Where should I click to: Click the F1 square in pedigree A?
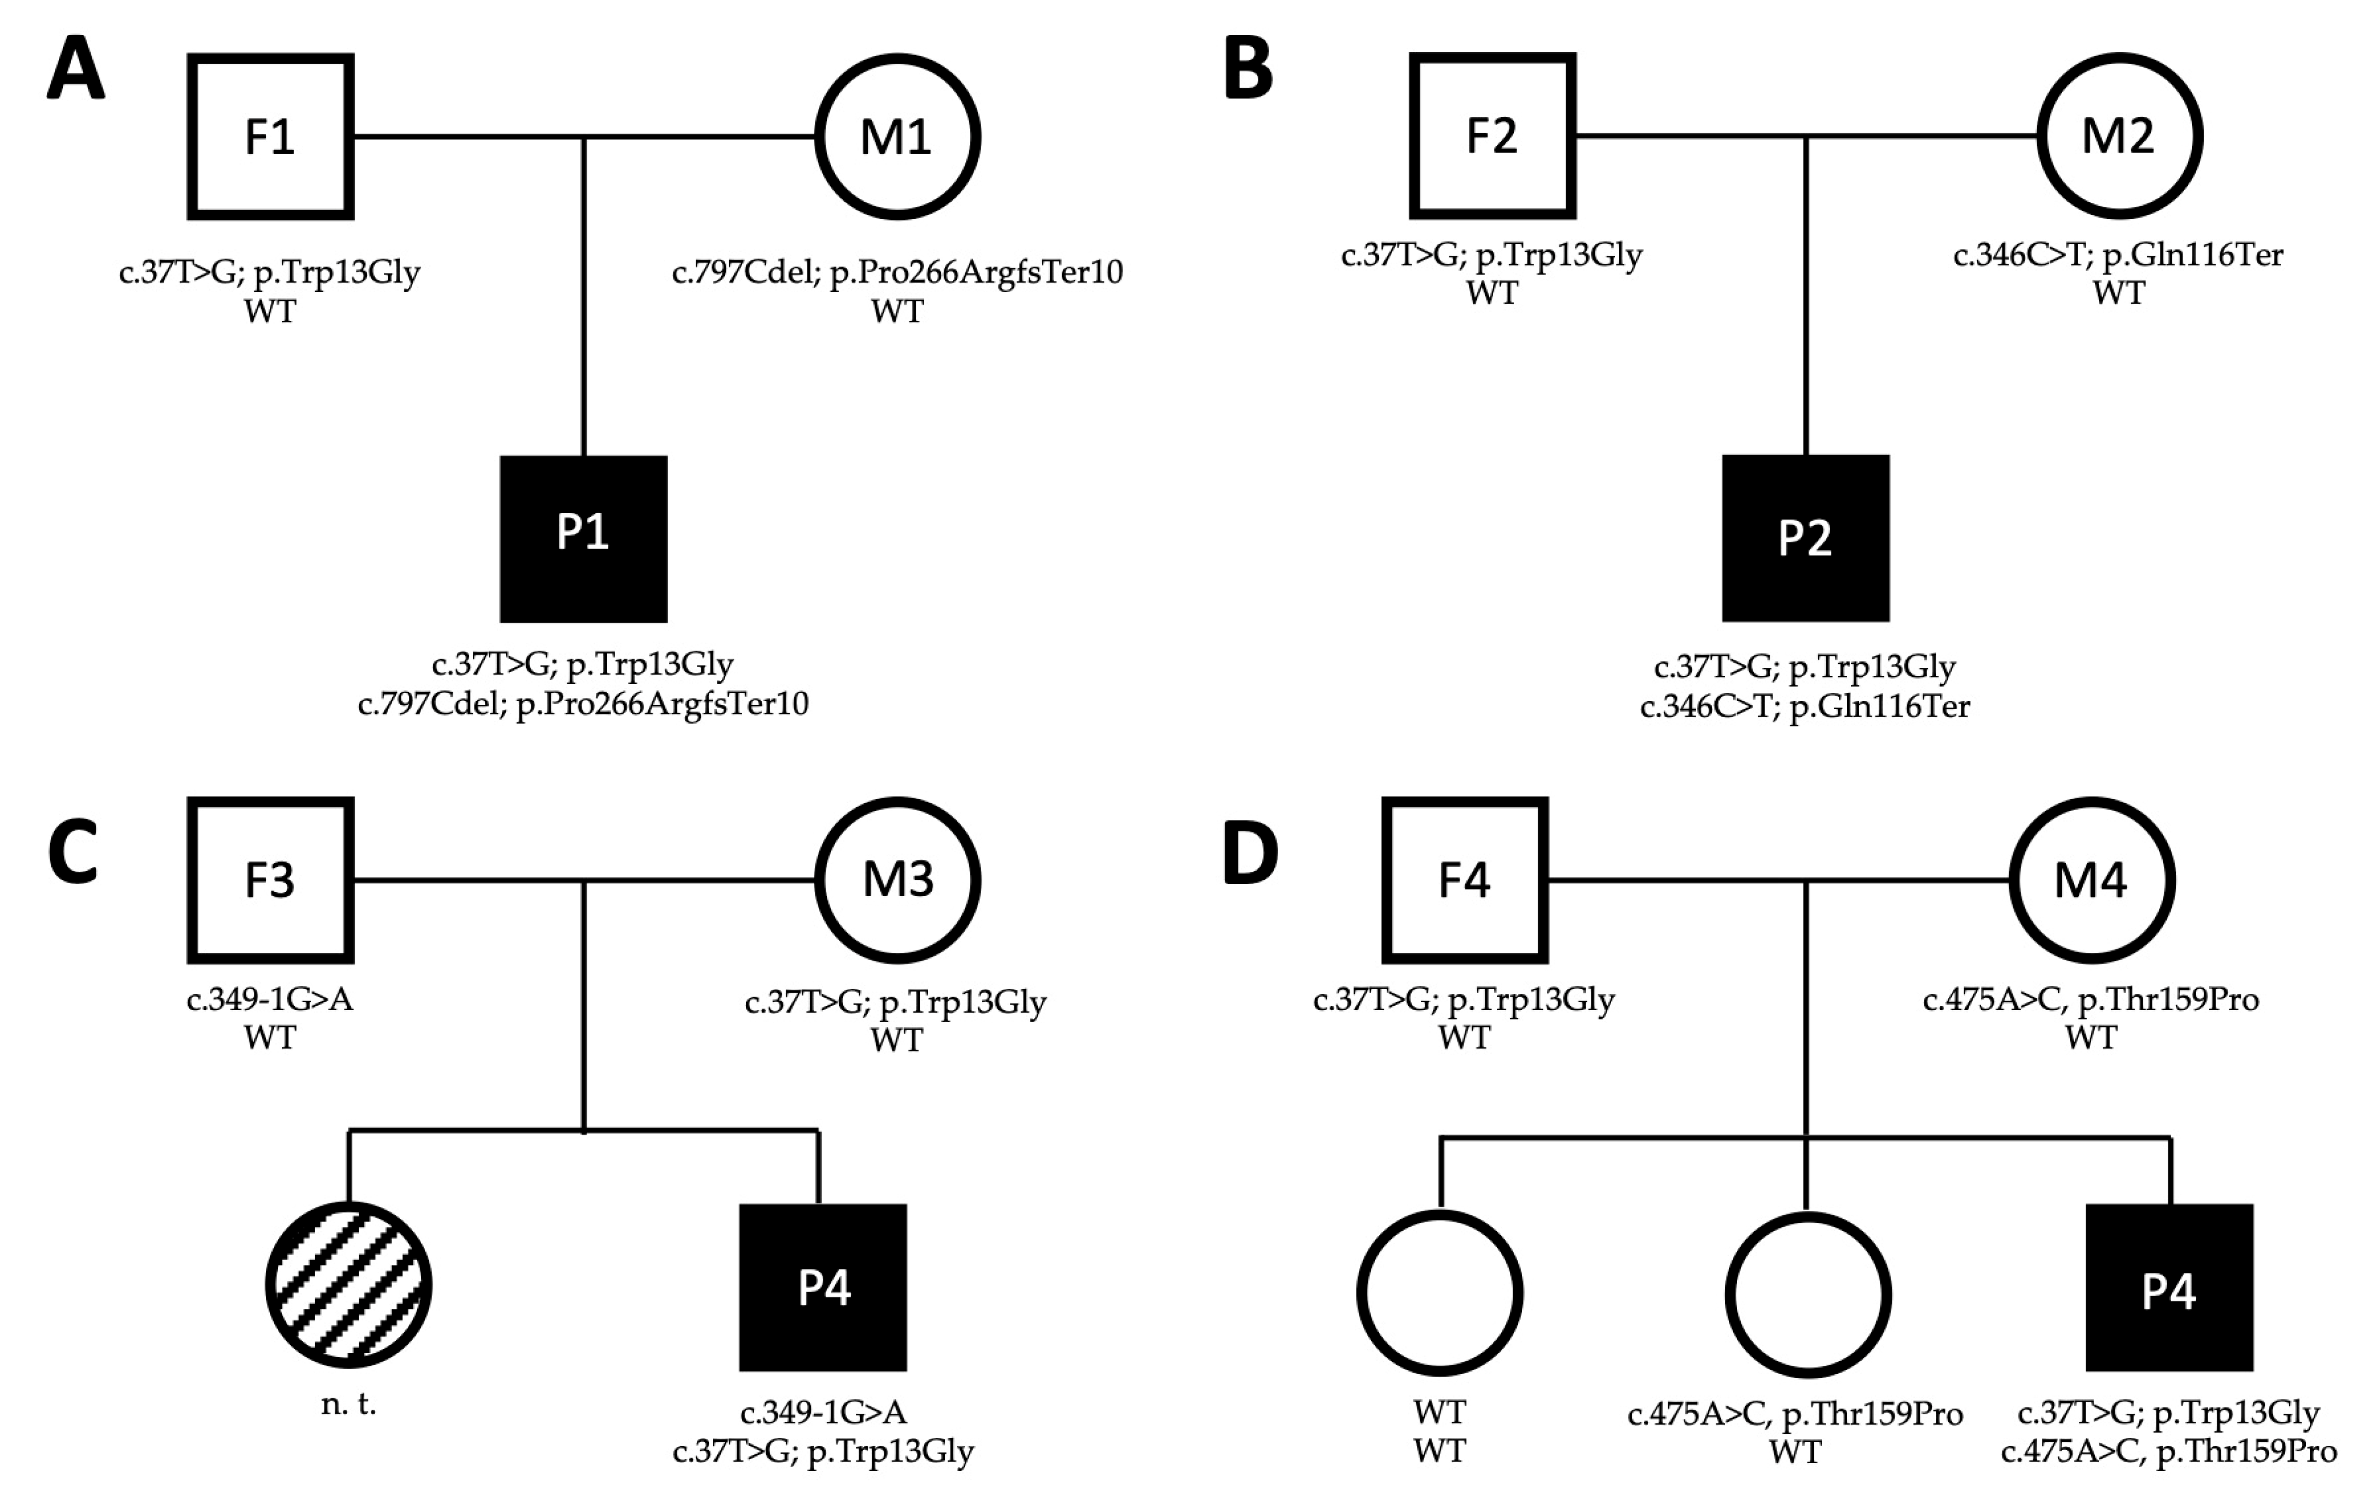tap(270, 136)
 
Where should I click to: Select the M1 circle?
tap(897, 136)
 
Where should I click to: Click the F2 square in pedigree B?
tap(1492, 135)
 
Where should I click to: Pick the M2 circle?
tap(2119, 135)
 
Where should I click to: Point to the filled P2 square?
tap(1805, 538)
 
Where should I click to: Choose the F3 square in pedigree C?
tap(270, 879)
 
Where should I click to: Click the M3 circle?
tap(897, 879)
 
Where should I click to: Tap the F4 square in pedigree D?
tap(1464, 879)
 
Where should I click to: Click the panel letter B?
tap(1248, 69)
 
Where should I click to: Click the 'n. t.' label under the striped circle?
tap(348, 1404)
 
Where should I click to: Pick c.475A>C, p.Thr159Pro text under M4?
tap(2091, 1000)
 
